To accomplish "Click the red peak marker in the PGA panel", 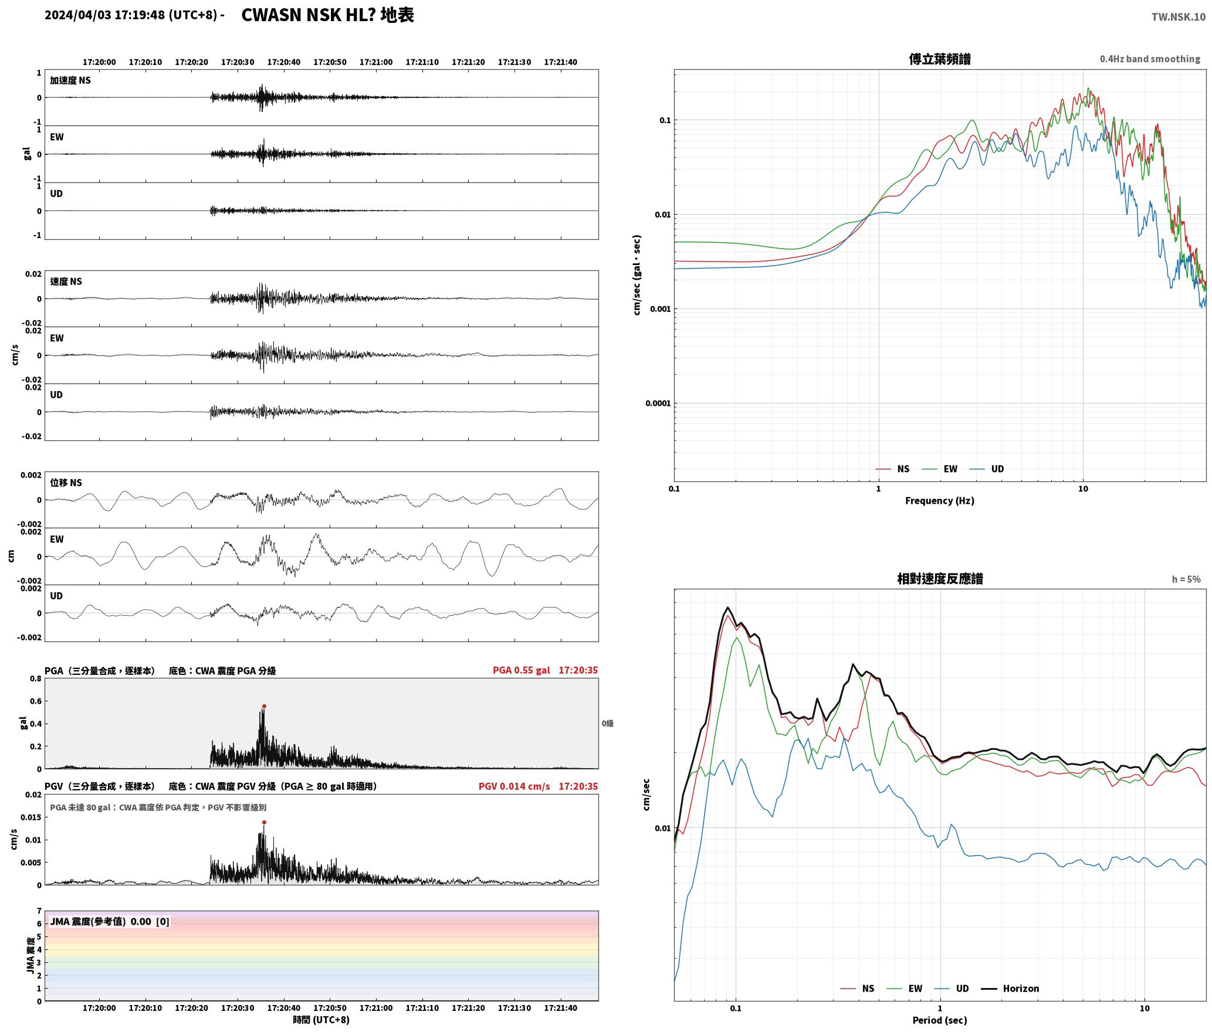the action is tap(264, 706).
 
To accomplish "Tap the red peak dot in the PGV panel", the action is tap(264, 822).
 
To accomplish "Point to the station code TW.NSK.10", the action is tap(1179, 16).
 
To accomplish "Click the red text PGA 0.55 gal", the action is tap(522, 670).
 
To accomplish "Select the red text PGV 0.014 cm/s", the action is tap(514, 786).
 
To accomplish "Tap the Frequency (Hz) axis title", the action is tap(939, 500).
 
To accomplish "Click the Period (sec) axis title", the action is tap(939, 1020).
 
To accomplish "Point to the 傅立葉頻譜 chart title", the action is tap(939, 59).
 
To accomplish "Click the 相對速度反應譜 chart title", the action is tap(940, 578).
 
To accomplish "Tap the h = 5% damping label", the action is tap(1186, 579).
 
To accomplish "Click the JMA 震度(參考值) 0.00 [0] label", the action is tap(110, 921).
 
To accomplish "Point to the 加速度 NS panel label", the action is tap(70, 80).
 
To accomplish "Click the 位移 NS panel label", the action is tap(66, 483).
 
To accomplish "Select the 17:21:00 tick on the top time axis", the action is tap(376, 62).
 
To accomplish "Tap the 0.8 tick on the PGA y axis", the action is tap(35, 678).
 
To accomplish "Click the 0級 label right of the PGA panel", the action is tap(607, 723).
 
